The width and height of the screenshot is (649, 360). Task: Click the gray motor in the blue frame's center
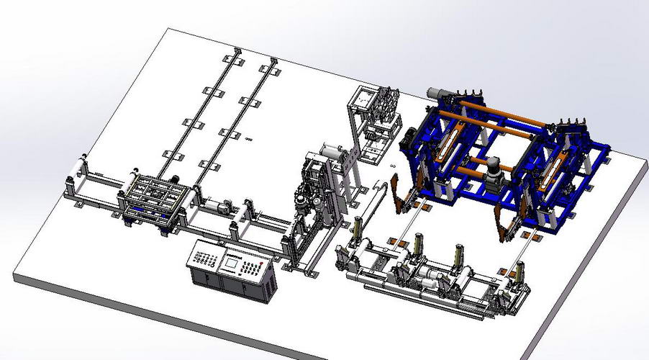(494, 172)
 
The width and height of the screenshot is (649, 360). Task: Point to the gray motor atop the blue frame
(439, 93)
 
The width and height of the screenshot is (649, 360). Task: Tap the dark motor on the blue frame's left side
(412, 137)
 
